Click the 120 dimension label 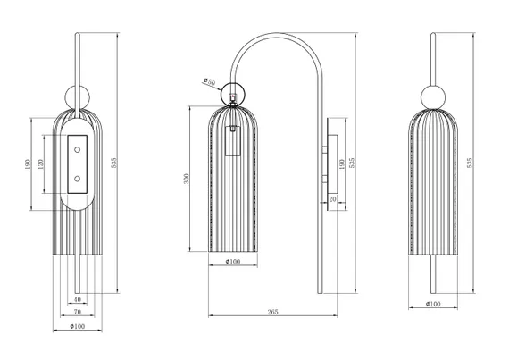[x=40, y=164]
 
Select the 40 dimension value [x=78, y=299]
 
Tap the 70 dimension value [x=78, y=312]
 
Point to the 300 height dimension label [x=186, y=179]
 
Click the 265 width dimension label [x=273, y=312]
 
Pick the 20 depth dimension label [x=333, y=199]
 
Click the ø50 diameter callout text [x=209, y=81]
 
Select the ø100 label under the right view [x=433, y=304]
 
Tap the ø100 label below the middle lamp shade [x=233, y=262]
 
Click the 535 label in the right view [x=469, y=163]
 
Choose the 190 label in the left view [x=28, y=164]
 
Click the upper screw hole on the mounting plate [x=78, y=150]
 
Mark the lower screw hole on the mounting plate [x=78, y=179]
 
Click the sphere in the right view [x=433, y=96]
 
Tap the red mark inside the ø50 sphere [x=232, y=96]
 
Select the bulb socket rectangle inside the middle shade [x=233, y=141]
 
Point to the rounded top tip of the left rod [x=78, y=33]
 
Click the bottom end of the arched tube [x=320, y=293]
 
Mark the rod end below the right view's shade [x=433, y=292]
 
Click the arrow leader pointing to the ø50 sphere [x=212, y=86]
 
